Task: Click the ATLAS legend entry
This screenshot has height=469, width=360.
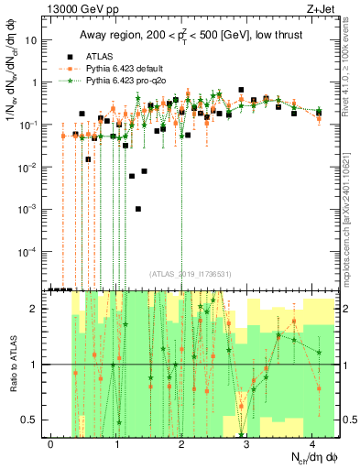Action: pyautogui.click(x=97, y=55)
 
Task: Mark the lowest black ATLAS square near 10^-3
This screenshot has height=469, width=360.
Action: pyautogui.click(x=138, y=209)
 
